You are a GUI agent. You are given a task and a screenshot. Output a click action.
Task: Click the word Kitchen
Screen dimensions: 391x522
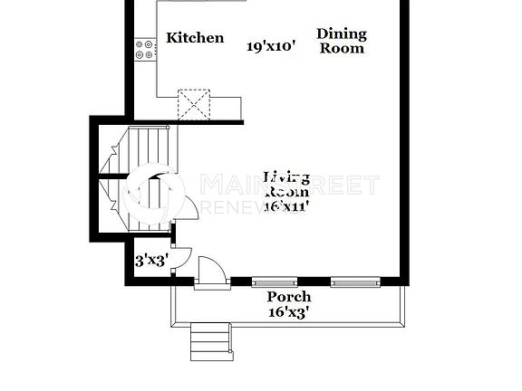pyautogui.click(x=195, y=38)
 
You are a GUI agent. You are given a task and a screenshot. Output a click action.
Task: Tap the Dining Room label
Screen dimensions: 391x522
pyautogui.click(x=342, y=41)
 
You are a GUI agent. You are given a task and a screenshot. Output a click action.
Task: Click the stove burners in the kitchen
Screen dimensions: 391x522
pyautogui.click(x=144, y=49)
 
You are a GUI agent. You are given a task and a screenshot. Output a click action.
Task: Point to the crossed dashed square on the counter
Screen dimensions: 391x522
pyautogui.click(x=193, y=103)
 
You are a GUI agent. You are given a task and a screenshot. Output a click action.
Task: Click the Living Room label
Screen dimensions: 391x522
pyautogui.click(x=286, y=184)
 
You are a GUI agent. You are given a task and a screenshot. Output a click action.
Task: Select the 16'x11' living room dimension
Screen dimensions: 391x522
pyautogui.click(x=287, y=206)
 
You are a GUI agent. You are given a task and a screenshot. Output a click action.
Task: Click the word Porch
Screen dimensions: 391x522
pyautogui.click(x=289, y=297)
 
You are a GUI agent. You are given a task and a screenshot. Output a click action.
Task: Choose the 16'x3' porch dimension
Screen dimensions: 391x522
pyautogui.click(x=289, y=312)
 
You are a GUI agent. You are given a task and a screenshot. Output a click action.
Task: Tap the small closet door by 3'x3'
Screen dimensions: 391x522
pyautogui.click(x=180, y=257)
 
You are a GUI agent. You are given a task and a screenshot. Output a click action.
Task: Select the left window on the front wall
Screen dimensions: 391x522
pyautogui.click(x=274, y=282)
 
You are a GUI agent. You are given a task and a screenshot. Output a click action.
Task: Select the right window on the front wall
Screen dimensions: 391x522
pyautogui.click(x=353, y=282)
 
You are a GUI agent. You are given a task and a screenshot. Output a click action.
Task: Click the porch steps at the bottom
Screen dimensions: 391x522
pyautogui.click(x=211, y=341)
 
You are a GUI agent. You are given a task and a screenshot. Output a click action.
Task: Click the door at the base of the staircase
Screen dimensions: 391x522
pyautogui.click(x=187, y=211)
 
